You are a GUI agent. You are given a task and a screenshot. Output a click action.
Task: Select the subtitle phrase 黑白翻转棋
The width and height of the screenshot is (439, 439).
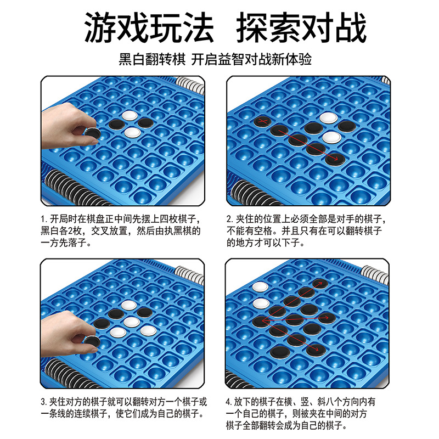(x=152, y=59)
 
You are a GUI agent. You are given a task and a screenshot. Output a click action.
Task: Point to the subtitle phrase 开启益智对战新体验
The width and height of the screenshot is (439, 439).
(x=251, y=59)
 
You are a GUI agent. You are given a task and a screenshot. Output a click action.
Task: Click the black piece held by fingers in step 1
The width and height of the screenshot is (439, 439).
(x=92, y=133)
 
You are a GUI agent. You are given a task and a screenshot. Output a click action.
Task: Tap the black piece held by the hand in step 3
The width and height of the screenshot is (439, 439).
(x=92, y=341)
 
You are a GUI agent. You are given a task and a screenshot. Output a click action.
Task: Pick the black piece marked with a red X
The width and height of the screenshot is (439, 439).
(x=262, y=121)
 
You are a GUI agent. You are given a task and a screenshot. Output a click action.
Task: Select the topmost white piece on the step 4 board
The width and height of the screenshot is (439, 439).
(x=260, y=287)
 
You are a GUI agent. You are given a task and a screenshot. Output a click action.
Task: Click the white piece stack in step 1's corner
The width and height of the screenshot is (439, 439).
(x=190, y=85)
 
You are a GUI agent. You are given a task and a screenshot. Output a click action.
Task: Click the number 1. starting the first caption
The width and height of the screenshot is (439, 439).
(x=44, y=219)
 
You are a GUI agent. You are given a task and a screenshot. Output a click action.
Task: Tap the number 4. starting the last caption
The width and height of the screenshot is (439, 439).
(x=229, y=402)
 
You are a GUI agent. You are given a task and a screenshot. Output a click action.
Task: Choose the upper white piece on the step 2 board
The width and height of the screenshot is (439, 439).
(x=329, y=118)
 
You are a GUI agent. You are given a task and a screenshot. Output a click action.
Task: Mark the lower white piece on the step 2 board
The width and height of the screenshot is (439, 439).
(x=331, y=137)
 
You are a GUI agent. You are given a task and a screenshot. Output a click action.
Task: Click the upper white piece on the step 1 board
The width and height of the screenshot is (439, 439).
(x=130, y=115)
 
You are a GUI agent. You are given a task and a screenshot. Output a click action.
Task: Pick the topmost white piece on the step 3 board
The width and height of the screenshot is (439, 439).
(x=129, y=306)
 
